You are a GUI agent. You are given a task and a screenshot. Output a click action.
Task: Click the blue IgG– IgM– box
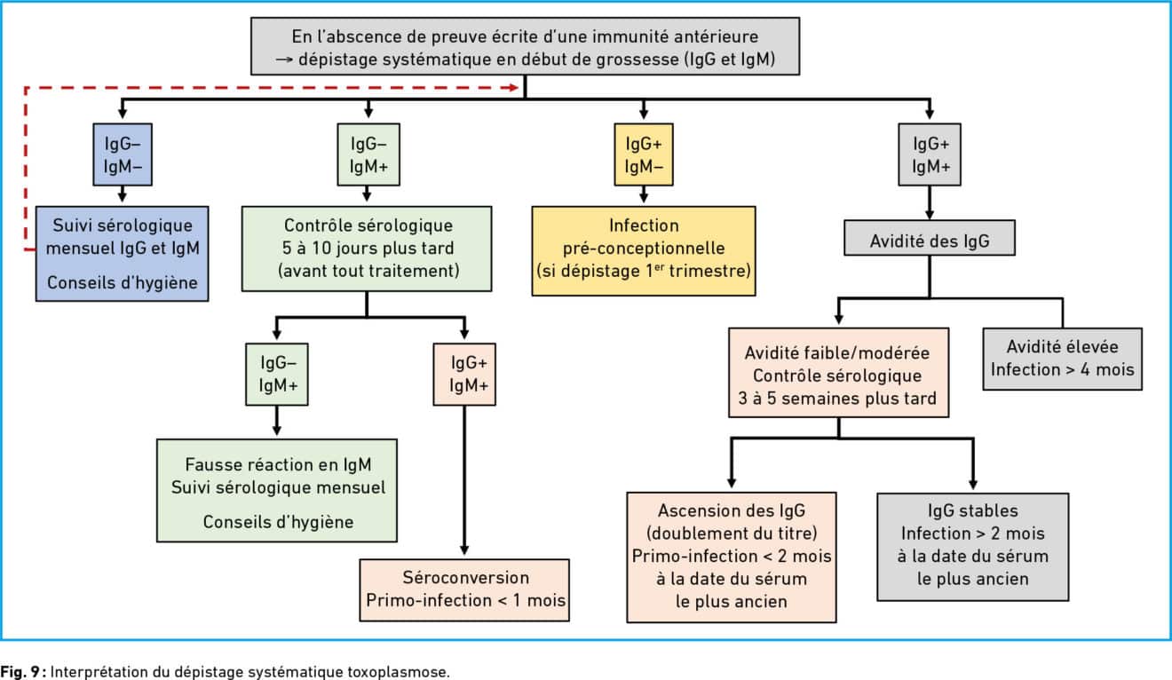click(x=123, y=154)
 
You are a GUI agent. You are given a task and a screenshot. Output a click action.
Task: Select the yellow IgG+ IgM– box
click(x=644, y=154)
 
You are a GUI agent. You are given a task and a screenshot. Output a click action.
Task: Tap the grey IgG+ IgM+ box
click(x=930, y=154)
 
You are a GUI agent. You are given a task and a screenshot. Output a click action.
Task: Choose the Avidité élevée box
click(x=1062, y=359)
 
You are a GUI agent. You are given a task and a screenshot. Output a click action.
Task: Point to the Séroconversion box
click(x=464, y=590)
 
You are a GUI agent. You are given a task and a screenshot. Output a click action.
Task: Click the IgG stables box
click(x=972, y=547)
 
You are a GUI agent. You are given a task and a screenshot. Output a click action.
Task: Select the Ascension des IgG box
click(x=732, y=557)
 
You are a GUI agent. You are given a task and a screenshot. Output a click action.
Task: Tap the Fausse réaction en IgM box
click(x=277, y=491)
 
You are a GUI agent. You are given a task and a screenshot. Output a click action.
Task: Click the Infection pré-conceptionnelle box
click(x=644, y=251)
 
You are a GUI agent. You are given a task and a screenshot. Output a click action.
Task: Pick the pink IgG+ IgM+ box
click(x=464, y=374)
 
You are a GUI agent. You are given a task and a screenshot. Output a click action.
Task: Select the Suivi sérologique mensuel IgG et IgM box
click(x=122, y=254)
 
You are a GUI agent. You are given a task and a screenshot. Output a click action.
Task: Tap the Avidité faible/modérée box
click(x=838, y=373)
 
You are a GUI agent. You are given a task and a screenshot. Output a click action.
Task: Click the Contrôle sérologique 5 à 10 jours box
click(x=366, y=249)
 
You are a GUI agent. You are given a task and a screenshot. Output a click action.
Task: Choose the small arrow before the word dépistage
click(x=284, y=59)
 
